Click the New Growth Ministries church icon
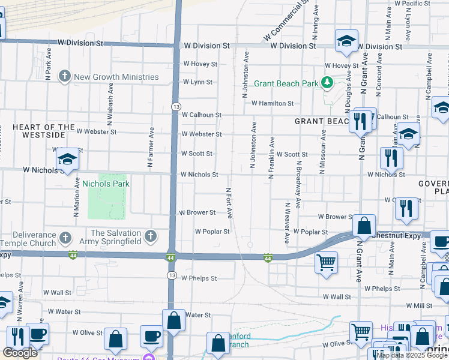coord(65,77)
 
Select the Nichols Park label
coord(106,184)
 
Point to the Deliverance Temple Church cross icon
coord(65,237)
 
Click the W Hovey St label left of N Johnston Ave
coord(200,63)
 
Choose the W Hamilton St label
coord(273,103)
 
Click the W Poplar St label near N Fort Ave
coord(212,231)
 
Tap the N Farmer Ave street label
coord(150,147)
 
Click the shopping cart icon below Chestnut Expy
coord(326,262)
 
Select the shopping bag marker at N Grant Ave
coord(364,226)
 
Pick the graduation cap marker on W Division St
coord(346,40)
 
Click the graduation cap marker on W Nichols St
coord(68,159)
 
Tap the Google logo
coord(20,353)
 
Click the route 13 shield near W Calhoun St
coord(175,106)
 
